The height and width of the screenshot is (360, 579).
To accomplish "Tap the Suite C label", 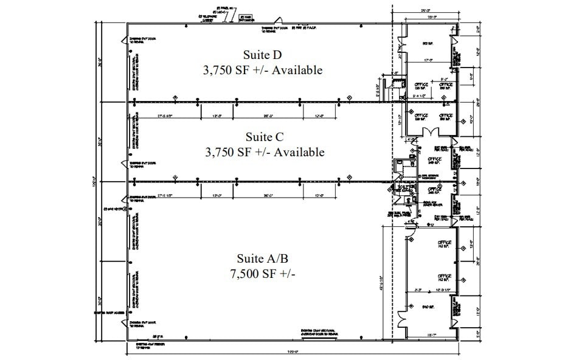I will [264, 137].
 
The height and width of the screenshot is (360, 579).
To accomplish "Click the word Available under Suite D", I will [297, 70].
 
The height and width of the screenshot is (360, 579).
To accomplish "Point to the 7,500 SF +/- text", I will [263, 274].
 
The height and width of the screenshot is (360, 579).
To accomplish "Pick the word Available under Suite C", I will [299, 151].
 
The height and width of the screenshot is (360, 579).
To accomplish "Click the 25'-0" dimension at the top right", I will [426, 10].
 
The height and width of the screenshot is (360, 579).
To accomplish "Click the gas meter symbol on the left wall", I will [125, 209].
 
